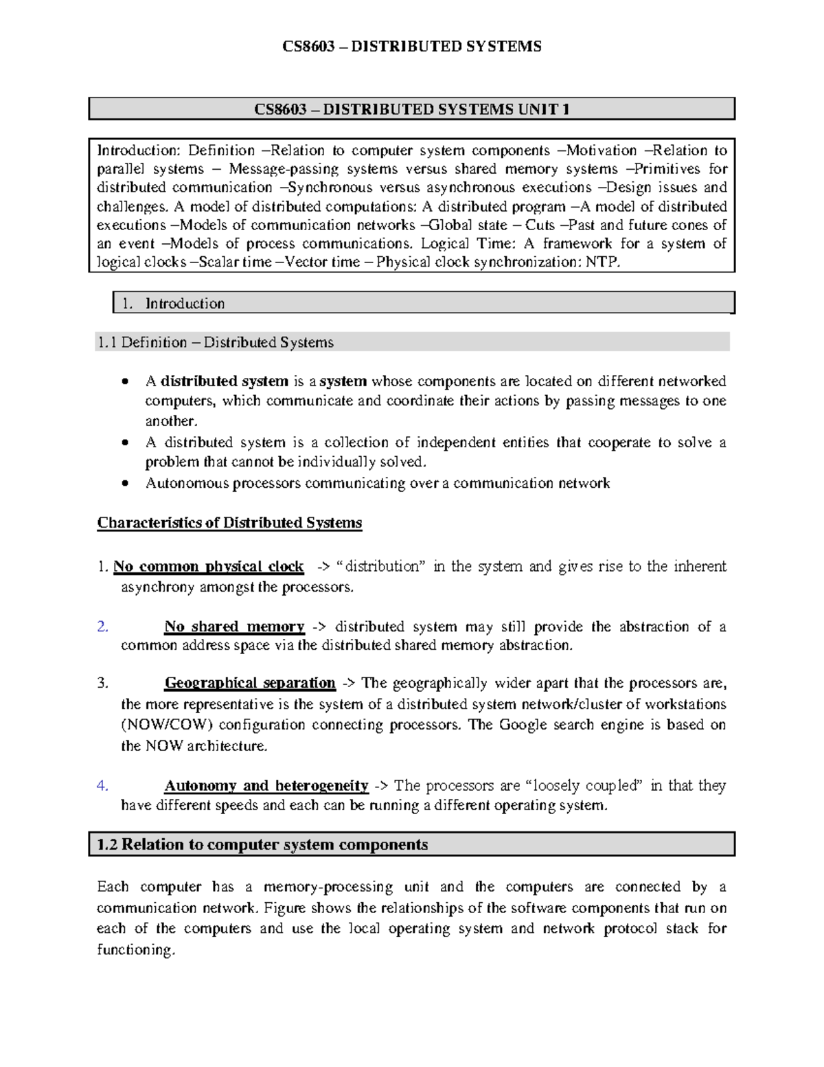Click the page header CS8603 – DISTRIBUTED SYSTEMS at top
point(412,47)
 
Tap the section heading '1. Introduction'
point(184,303)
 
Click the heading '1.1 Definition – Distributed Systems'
point(215,342)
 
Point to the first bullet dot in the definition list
point(124,382)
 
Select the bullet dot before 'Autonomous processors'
point(124,484)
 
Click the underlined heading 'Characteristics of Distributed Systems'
point(229,523)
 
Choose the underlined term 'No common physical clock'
point(208,567)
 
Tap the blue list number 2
point(102,627)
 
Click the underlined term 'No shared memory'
point(233,627)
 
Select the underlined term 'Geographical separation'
point(250,683)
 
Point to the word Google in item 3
point(523,725)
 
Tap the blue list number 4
point(102,785)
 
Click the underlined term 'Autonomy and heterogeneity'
point(266,785)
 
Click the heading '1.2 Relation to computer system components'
point(262,844)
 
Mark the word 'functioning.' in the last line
point(136,950)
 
